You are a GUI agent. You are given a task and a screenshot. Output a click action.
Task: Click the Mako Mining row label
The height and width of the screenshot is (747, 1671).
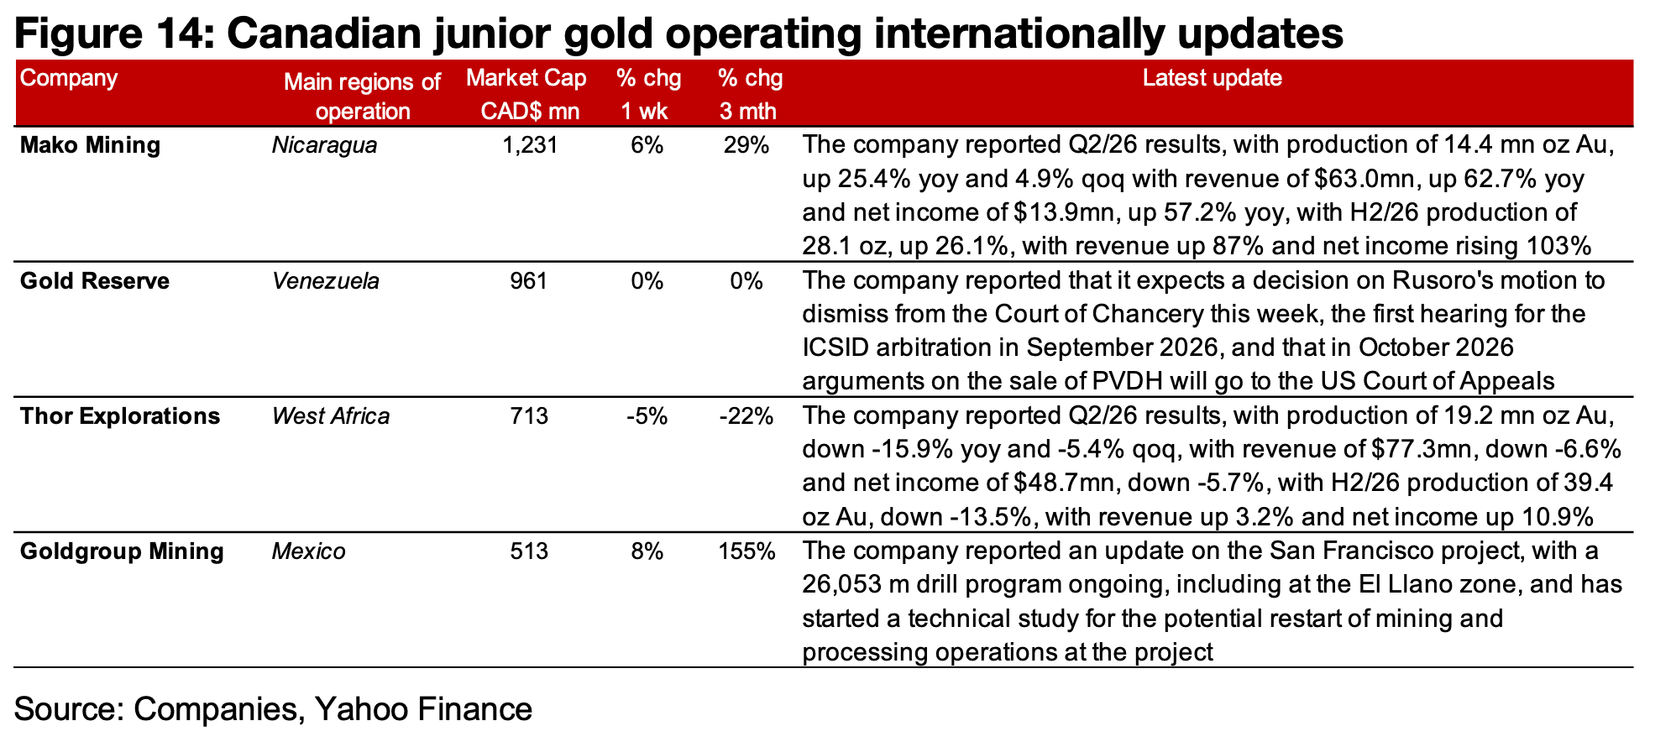(x=90, y=146)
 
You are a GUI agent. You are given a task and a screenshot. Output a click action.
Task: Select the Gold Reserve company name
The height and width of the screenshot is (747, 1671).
(x=94, y=281)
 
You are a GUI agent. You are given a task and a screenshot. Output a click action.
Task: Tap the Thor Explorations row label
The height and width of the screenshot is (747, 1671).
(x=119, y=416)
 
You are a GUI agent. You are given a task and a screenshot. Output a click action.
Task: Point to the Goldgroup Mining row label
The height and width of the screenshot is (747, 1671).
(x=122, y=552)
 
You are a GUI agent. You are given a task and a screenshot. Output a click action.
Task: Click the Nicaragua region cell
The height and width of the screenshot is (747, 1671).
(x=325, y=146)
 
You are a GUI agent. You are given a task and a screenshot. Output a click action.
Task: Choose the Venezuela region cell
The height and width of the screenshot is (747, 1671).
(x=326, y=281)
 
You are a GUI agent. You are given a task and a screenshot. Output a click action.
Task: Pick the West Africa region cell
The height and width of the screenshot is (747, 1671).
(x=331, y=416)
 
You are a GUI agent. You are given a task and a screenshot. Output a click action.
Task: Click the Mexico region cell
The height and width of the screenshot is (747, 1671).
(x=309, y=552)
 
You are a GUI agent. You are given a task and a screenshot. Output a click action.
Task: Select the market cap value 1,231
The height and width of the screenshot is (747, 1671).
(x=530, y=146)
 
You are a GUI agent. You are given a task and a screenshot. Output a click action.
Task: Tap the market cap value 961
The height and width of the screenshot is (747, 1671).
(x=530, y=281)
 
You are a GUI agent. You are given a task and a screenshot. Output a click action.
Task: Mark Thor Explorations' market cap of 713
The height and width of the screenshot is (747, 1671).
(x=530, y=416)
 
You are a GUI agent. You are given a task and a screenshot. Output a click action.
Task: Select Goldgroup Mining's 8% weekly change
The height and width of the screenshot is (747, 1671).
(x=647, y=552)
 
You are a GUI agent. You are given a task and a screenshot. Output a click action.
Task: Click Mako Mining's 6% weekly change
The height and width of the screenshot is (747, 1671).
(x=647, y=146)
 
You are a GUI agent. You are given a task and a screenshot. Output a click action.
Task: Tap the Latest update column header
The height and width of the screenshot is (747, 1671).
(x=1213, y=79)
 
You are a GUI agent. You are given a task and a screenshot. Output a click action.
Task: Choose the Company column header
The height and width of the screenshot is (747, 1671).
(x=69, y=79)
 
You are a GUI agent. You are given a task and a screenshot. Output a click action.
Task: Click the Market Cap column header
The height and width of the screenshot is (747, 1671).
(x=526, y=95)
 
